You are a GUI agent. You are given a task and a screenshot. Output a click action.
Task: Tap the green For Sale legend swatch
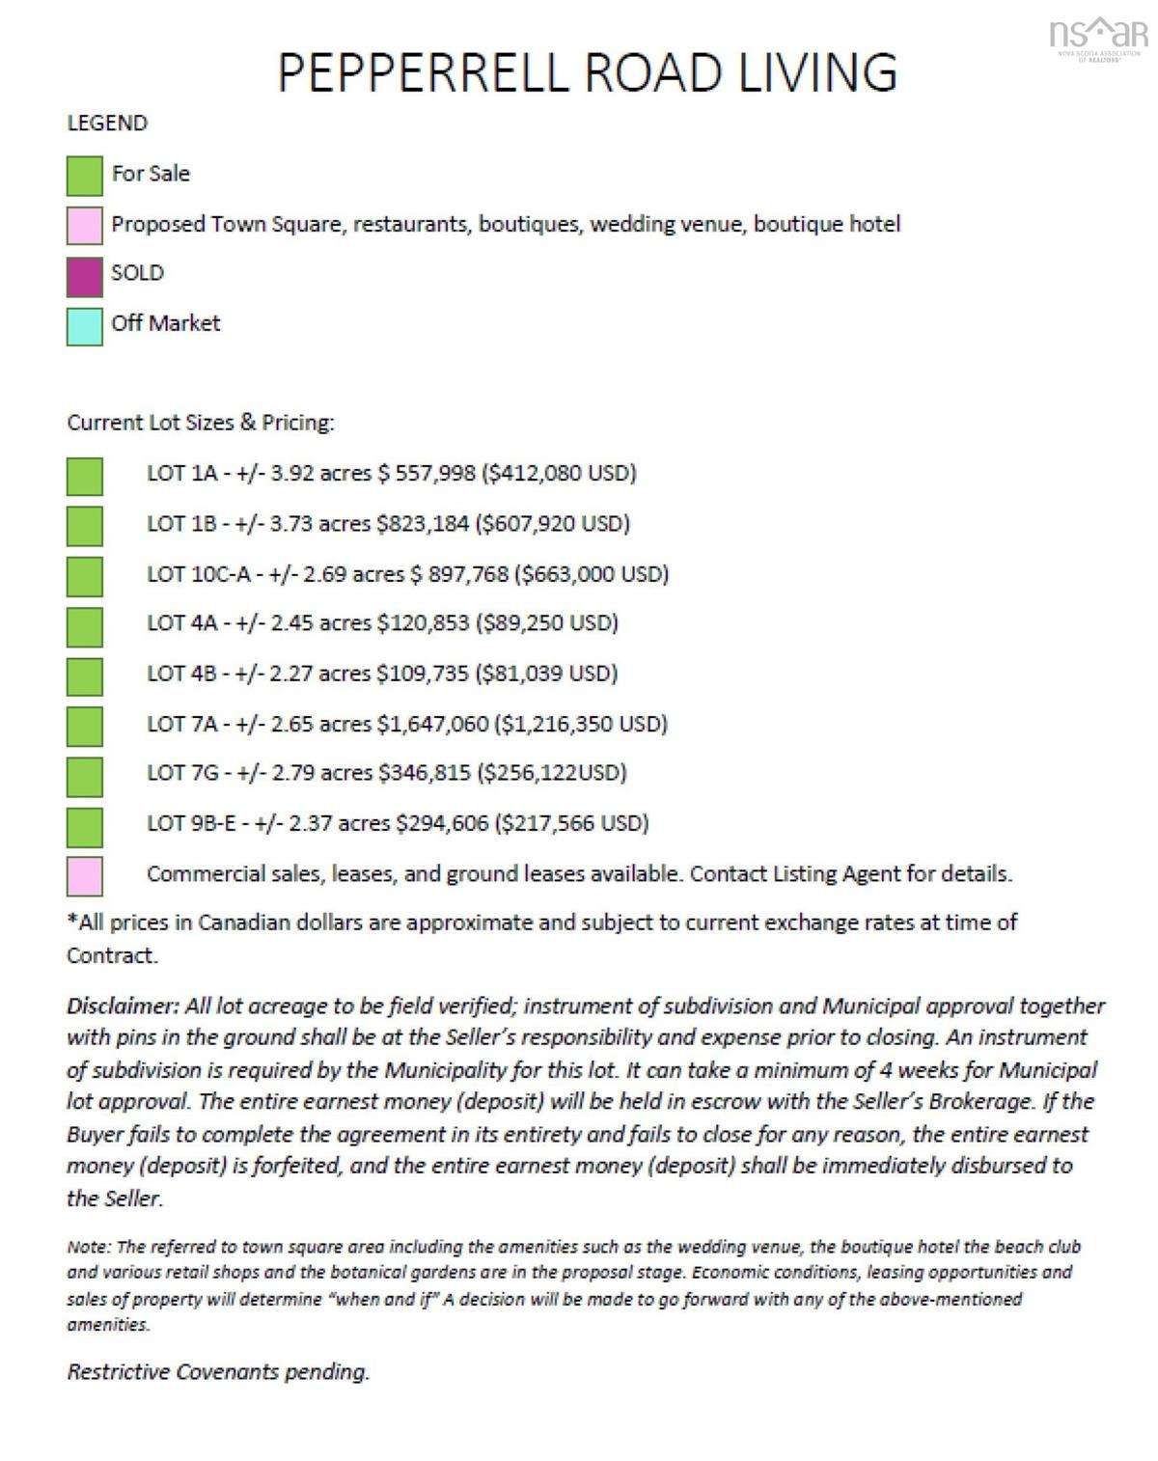tap(85, 176)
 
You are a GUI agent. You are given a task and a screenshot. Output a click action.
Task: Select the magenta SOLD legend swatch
tap(85, 276)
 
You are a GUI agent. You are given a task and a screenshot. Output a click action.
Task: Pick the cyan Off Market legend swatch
tap(85, 326)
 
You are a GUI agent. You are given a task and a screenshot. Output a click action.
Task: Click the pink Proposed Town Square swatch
tap(85, 226)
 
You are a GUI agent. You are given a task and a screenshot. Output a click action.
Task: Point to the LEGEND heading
tap(107, 124)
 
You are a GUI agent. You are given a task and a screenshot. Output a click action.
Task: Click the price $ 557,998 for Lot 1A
tap(427, 473)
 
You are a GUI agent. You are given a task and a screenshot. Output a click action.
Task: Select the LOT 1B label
tap(181, 523)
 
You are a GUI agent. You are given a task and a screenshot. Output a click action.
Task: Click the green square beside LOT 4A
tap(85, 626)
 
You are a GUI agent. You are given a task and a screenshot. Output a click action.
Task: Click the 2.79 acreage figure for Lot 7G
tap(292, 773)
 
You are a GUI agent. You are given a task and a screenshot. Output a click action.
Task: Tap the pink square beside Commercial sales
tap(85, 876)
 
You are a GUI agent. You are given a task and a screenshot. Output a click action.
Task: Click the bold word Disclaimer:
tap(123, 1006)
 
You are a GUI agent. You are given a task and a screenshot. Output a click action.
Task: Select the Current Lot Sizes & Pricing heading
tap(201, 423)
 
